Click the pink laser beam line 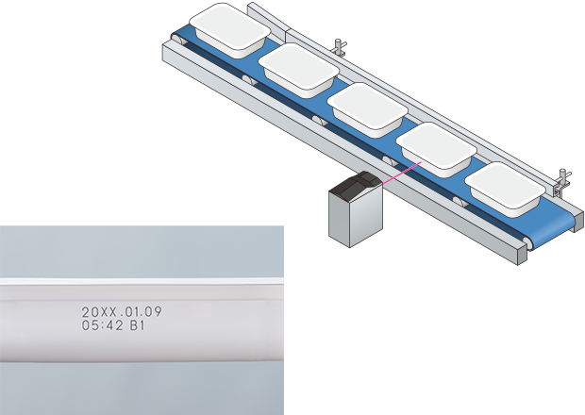pyautogui.click(x=402, y=173)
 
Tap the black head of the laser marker pyautogui.click(x=357, y=185)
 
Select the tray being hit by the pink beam pyautogui.click(x=436, y=150)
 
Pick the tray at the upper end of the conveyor pyautogui.click(x=230, y=30)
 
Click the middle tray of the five pyautogui.click(x=368, y=110)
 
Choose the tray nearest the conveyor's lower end pyautogui.click(x=505, y=190)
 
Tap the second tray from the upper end pyautogui.click(x=299, y=71)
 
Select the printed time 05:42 pyautogui.click(x=102, y=325)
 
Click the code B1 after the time pyautogui.click(x=137, y=325)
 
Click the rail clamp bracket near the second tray pyautogui.click(x=341, y=47)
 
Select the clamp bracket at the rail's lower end pyautogui.click(x=562, y=182)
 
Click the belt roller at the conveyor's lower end pyautogui.click(x=528, y=243)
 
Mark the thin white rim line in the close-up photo pyautogui.click(x=142, y=280)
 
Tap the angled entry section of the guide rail pyautogui.click(x=268, y=19)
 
